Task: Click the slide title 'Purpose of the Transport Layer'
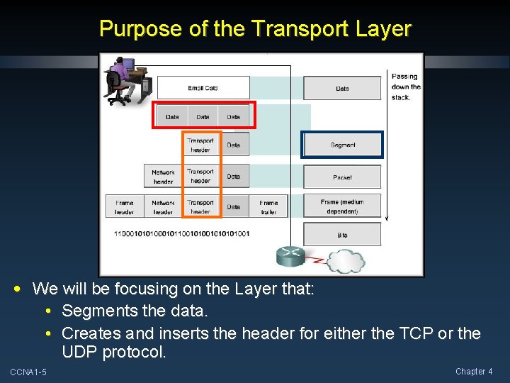[x=255, y=29]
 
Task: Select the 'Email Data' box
[x=203, y=88]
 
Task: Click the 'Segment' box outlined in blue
[x=343, y=145]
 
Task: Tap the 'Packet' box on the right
[x=343, y=177]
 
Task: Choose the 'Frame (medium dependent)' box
[x=343, y=206]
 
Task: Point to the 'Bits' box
[x=343, y=234]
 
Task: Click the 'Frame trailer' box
[x=269, y=206]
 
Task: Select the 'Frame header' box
[x=125, y=206]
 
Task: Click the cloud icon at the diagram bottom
[x=345, y=260]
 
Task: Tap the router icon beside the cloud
[x=290, y=256]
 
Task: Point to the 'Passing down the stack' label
[x=405, y=87]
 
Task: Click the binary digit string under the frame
[x=182, y=233]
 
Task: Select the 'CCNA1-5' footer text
[x=28, y=372]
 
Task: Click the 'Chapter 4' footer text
[x=474, y=372]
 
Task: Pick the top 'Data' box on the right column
[x=343, y=88]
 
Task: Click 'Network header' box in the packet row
[x=163, y=177]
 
